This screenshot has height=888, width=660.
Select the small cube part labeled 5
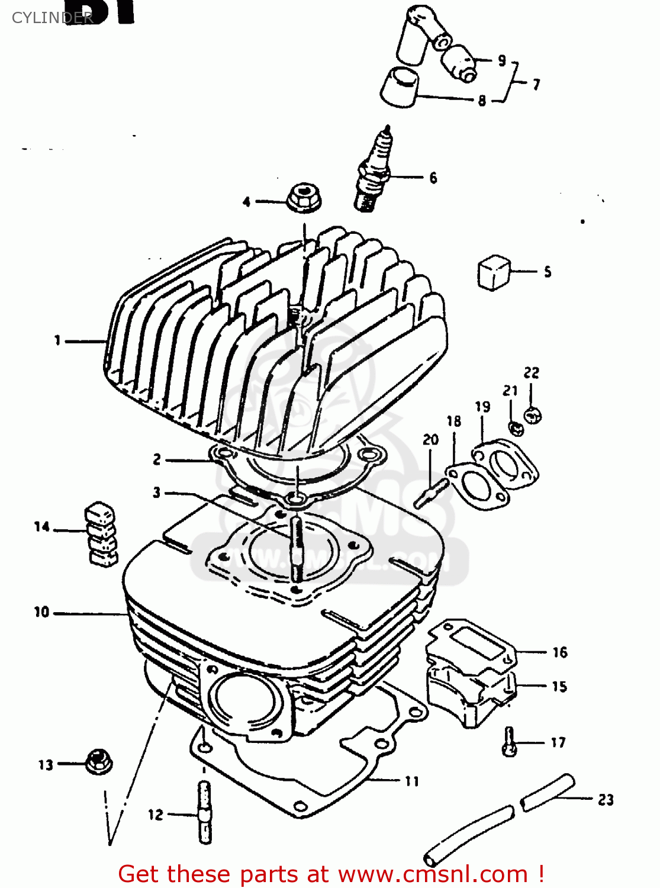tap(493, 272)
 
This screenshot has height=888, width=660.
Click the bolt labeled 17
tap(509, 741)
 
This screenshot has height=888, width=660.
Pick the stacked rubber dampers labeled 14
tap(101, 534)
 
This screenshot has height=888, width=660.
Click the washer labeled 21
tap(516, 427)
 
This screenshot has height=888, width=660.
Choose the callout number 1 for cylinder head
tap(57, 340)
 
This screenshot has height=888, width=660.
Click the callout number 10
tap(41, 612)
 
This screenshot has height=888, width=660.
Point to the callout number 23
tap(606, 800)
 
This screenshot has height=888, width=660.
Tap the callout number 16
tap(559, 652)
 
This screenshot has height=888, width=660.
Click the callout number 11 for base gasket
tap(412, 781)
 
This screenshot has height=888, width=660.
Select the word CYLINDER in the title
tap(52, 18)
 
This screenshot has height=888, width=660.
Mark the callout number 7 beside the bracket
tap(536, 84)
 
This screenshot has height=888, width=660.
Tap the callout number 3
tap(156, 493)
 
